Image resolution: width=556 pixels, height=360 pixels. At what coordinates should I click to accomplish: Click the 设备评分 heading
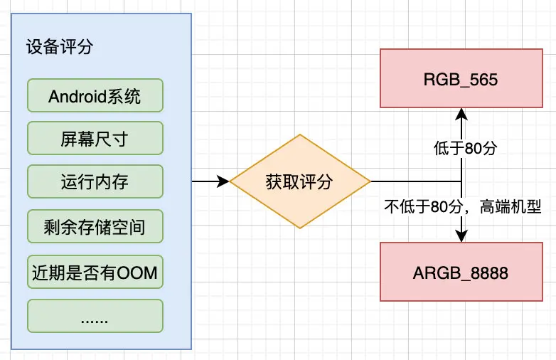(x=60, y=46)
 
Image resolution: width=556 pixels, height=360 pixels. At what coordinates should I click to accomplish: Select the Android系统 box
(x=95, y=95)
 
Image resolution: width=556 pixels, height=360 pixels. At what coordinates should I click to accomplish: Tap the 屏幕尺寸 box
(x=95, y=138)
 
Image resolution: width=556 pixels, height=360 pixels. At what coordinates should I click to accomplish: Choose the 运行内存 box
(x=95, y=181)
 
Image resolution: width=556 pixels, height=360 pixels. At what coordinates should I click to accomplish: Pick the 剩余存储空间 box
(x=95, y=226)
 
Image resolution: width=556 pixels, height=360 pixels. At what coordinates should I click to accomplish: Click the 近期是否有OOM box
(x=95, y=272)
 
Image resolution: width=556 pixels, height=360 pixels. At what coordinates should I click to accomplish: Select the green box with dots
(x=95, y=316)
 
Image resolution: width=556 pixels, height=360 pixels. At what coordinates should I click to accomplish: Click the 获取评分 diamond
(x=300, y=181)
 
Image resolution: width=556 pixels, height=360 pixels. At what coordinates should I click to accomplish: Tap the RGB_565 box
(x=461, y=78)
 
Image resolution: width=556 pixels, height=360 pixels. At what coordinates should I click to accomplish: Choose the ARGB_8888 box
(x=461, y=272)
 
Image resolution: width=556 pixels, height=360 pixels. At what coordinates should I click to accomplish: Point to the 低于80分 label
(x=465, y=148)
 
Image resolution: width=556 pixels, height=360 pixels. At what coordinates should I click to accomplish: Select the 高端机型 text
(x=510, y=206)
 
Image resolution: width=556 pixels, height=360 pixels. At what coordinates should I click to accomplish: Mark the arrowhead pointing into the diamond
(x=223, y=181)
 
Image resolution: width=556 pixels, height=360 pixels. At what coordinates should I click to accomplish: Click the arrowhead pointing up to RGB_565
(x=461, y=115)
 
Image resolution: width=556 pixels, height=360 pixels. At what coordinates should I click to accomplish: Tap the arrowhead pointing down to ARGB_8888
(x=461, y=236)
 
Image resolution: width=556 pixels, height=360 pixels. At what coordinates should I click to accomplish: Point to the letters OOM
(x=137, y=272)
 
